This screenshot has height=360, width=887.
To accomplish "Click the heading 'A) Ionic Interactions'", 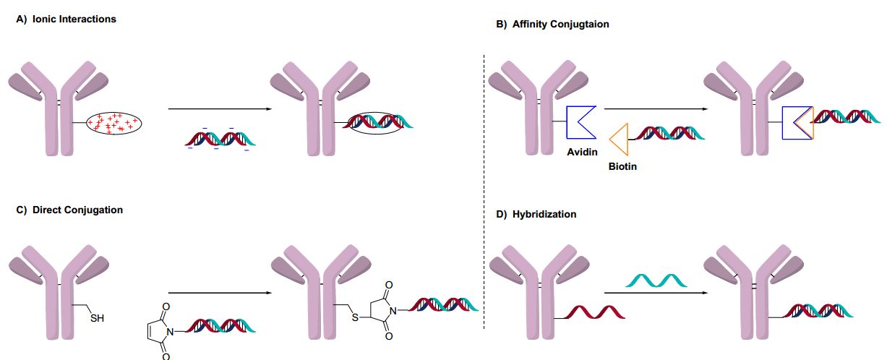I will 66,20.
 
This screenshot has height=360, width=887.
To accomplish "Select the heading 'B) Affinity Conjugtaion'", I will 552,24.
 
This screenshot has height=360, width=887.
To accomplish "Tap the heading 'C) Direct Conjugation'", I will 69,210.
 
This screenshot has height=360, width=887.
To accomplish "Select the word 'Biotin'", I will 622,166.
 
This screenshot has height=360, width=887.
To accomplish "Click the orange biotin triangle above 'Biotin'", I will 620,139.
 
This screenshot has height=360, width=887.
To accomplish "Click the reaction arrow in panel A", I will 219,109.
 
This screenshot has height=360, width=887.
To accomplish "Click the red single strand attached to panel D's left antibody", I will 594,313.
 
